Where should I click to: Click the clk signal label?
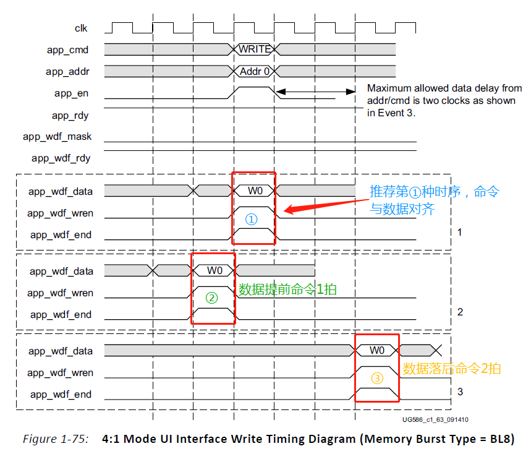pos(81,28)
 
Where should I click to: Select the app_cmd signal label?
pos(68,49)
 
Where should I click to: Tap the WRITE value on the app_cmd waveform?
pos(255,49)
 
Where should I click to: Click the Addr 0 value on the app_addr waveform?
pos(255,71)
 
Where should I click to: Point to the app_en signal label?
pos(72,93)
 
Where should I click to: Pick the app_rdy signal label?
pos(70,115)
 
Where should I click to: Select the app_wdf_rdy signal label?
pos(61,158)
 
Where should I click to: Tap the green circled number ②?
pos(211,298)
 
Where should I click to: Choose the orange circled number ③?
pos(376,377)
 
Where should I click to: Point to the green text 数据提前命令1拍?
pos(287,289)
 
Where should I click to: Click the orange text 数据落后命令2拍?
pos(451,369)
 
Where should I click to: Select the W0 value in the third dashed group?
pos(377,351)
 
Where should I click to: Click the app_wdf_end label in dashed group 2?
pos(61,315)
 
